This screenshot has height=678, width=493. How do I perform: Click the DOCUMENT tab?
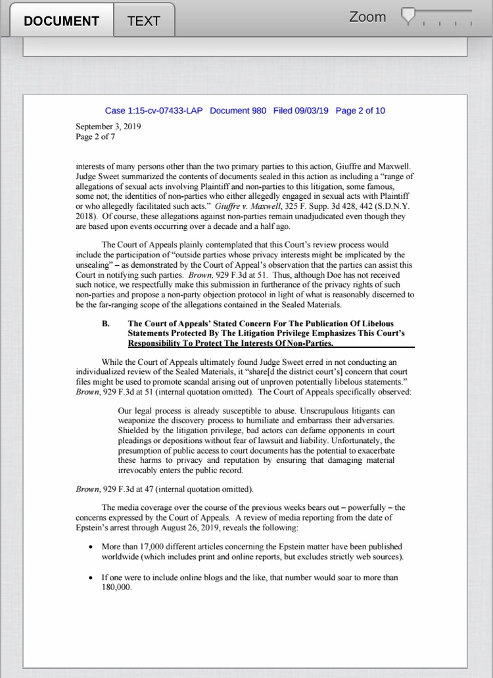(x=61, y=20)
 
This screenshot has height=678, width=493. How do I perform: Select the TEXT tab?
(x=144, y=20)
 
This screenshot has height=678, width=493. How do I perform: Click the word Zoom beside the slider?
(x=367, y=17)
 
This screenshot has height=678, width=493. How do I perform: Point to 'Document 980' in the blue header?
(x=238, y=110)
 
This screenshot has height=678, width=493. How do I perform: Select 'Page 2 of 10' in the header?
(x=360, y=110)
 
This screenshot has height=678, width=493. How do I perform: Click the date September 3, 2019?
(x=108, y=126)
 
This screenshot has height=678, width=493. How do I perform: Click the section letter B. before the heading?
(x=105, y=324)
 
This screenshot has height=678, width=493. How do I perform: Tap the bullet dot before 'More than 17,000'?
(x=90, y=547)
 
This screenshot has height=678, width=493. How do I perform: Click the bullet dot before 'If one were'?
(x=90, y=578)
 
